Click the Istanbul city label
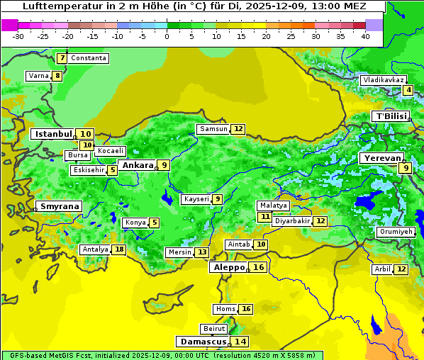tap(53, 133)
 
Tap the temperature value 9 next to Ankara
tap(164, 165)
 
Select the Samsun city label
tap(213, 129)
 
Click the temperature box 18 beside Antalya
tap(119, 249)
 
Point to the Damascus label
tap(203, 341)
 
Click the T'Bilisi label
tap(391, 116)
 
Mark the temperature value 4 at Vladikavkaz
tap(408, 90)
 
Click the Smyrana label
tap(59, 206)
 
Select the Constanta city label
tap(89, 58)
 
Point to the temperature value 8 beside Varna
tap(57, 76)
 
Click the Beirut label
tap(214, 329)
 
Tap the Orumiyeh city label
tap(395, 232)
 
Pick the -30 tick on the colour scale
tap(18, 36)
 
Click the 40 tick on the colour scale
tap(365, 36)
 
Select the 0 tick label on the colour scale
tap(167, 36)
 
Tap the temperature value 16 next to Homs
tap(246, 309)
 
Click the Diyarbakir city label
tap(292, 221)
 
